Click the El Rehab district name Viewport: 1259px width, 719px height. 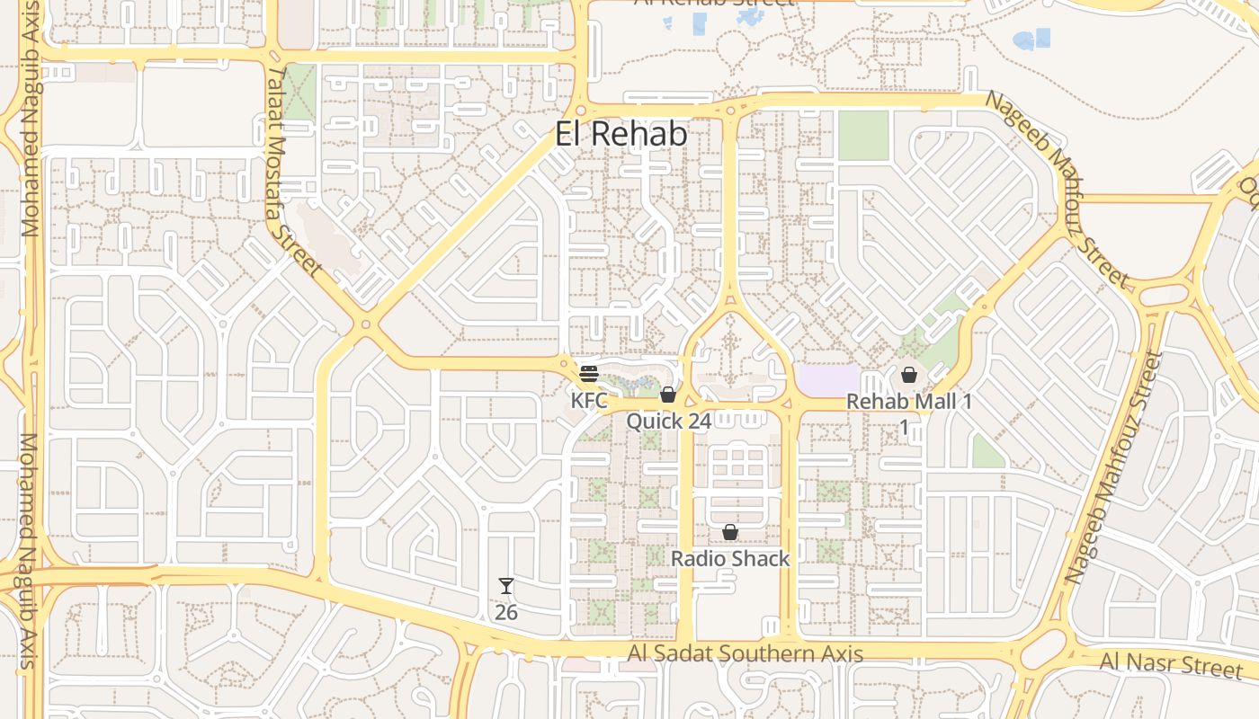(621, 134)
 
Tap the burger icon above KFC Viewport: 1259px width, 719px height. (589, 374)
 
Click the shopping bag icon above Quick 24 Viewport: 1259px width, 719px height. (667, 395)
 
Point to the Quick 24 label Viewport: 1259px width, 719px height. (668, 421)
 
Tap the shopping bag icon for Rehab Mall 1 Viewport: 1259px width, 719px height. (908, 375)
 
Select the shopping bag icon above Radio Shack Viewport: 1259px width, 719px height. (730, 532)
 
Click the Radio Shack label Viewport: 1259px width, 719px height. (730, 558)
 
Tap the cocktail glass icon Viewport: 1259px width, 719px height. (506, 587)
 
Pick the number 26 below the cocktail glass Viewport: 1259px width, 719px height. (506, 612)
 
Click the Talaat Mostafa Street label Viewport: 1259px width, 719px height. (295, 171)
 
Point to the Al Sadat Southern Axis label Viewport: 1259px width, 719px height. (746, 654)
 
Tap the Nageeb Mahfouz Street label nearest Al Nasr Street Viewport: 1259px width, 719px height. (1112, 467)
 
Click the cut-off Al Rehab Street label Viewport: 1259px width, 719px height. (714, 4)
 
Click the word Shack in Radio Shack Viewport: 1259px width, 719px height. (761, 558)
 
